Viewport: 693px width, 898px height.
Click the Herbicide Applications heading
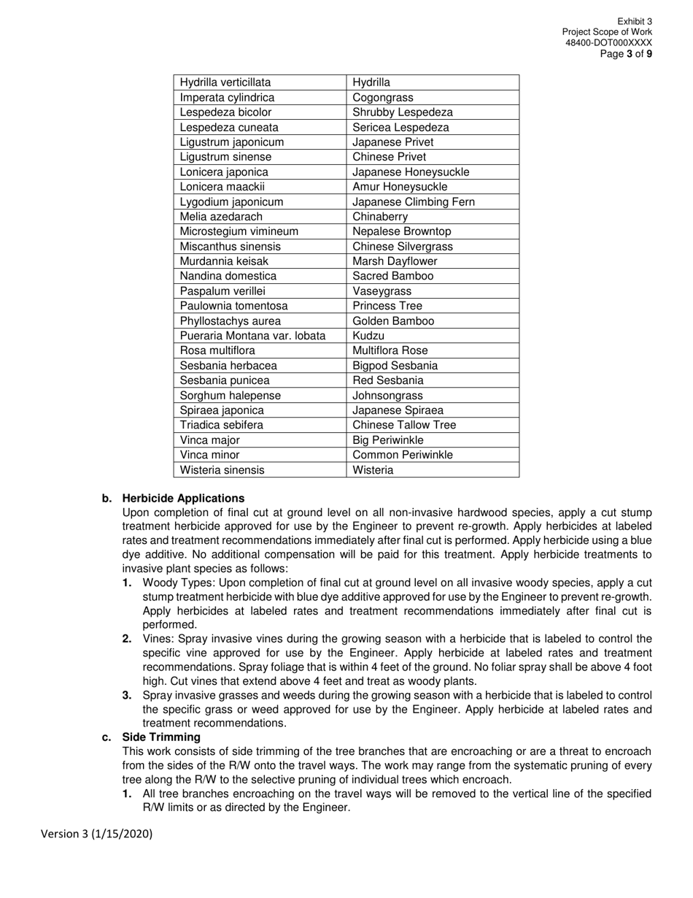(183, 499)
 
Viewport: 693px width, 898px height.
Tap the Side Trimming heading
(161, 737)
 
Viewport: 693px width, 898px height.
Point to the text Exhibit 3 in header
(635, 22)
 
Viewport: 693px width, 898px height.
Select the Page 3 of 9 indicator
(626, 54)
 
